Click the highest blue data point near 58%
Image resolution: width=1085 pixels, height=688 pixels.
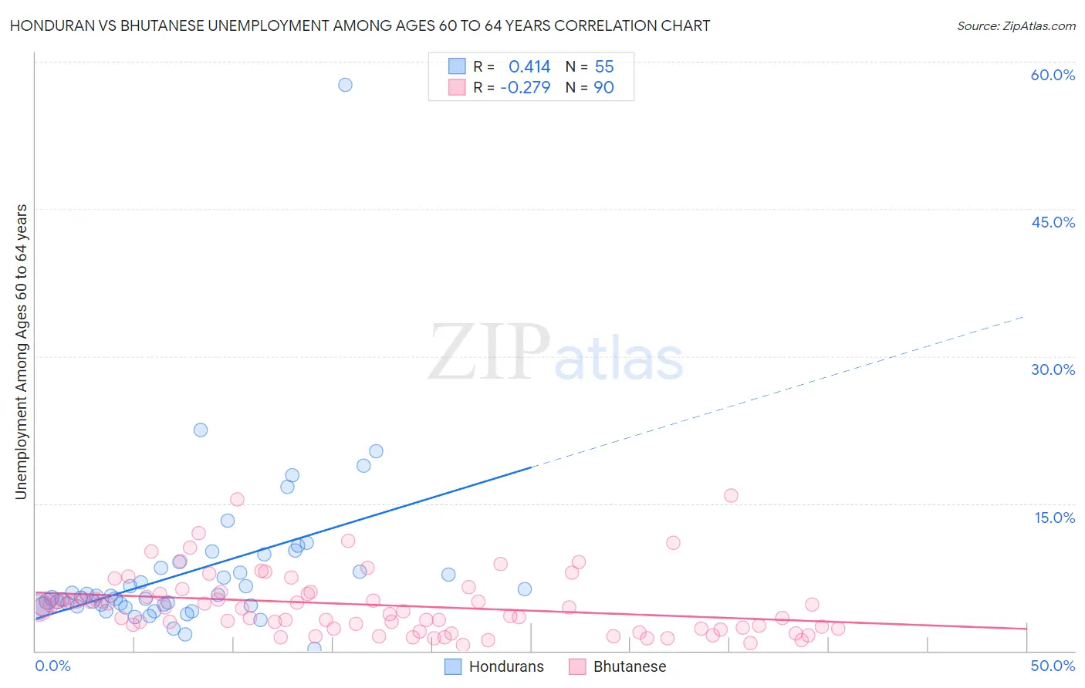click(345, 85)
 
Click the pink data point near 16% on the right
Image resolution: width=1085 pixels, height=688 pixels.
click(731, 495)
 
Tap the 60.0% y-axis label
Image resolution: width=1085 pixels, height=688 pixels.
click(1053, 75)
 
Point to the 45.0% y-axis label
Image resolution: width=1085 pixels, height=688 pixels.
click(1053, 222)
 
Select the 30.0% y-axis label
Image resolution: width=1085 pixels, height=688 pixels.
click(1053, 369)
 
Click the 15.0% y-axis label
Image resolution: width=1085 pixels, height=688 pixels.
click(1054, 518)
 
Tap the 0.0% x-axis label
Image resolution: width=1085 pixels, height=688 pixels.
click(52, 666)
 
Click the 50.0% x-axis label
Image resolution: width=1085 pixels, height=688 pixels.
click(1053, 666)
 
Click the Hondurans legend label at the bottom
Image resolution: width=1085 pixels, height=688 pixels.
click(506, 666)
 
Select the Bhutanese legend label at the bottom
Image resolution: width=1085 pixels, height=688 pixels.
click(629, 666)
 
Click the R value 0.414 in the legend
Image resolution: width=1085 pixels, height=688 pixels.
click(529, 67)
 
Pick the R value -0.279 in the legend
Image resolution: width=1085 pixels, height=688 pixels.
click(526, 87)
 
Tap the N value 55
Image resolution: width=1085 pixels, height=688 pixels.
click(604, 67)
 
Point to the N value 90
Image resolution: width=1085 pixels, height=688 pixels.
click(603, 87)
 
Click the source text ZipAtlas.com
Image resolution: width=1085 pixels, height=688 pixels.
click(1016, 26)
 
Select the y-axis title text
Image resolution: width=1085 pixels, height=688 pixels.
click(22, 352)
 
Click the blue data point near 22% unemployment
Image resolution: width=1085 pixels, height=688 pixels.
click(201, 430)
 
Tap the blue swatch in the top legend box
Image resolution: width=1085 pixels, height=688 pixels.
click(457, 66)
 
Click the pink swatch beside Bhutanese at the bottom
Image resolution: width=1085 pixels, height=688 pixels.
click(577, 666)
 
